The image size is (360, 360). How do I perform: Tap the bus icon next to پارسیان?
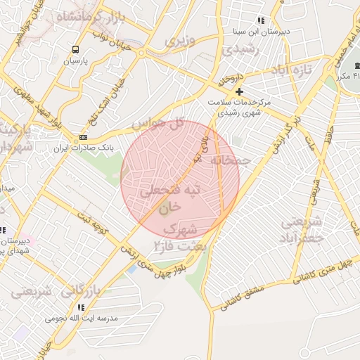click(75, 49)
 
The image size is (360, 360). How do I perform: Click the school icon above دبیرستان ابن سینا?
click(261, 21)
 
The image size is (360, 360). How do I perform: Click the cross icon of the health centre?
click(239, 91)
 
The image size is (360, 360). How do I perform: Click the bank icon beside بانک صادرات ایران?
click(84, 137)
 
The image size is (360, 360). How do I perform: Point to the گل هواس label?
click(157, 125)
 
